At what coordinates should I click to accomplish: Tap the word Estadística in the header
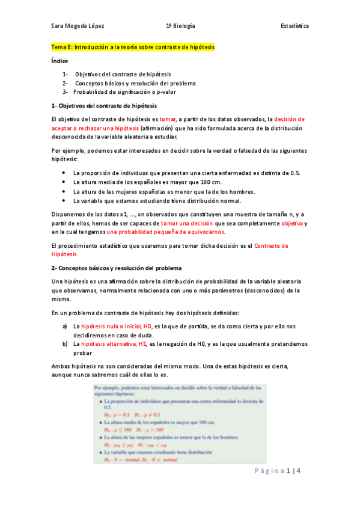[294, 26]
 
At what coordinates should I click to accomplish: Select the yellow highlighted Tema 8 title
[133, 46]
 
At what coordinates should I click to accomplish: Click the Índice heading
[59, 61]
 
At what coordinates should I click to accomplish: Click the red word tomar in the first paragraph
[167, 119]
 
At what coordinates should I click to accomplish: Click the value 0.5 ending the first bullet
[296, 173]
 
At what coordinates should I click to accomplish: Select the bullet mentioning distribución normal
[156, 200]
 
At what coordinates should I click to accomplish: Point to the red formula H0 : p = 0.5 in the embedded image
[117, 414]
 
